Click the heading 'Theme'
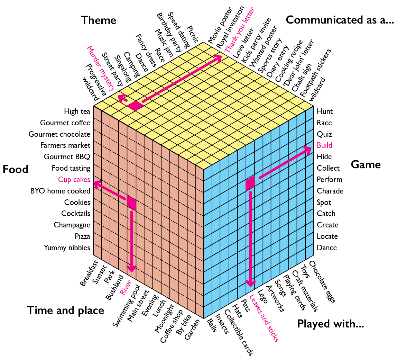(x=99, y=20)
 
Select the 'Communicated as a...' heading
(x=340, y=20)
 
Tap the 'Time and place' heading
(x=65, y=310)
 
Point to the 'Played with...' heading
(x=331, y=324)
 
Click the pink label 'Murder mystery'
(x=101, y=67)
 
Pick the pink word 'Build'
(x=324, y=145)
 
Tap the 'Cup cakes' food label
(x=74, y=179)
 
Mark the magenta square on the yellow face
(x=135, y=106)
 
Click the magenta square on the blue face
(x=250, y=183)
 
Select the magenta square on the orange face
(x=131, y=203)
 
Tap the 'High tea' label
(x=77, y=111)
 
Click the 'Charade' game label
(x=330, y=191)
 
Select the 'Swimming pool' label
(x=126, y=306)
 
